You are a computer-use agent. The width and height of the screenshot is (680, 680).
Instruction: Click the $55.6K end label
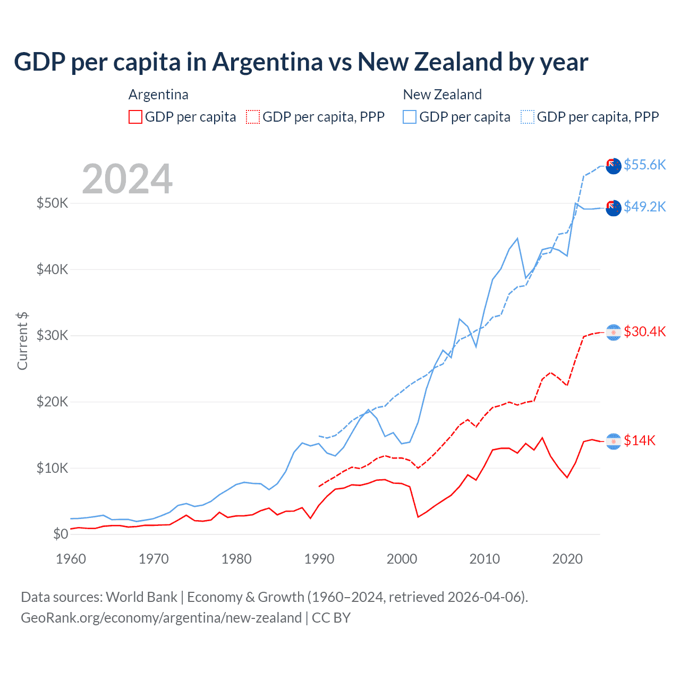(x=644, y=165)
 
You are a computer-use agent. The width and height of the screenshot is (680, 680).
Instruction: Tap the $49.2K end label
(x=644, y=207)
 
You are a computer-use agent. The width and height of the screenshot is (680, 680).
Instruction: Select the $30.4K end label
(x=644, y=331)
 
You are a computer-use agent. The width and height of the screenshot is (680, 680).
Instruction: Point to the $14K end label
(x=640, y=440)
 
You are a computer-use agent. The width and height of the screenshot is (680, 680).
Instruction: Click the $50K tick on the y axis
(x=53, y=203)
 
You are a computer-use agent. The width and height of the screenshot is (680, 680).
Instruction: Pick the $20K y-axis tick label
(x=53, y=402)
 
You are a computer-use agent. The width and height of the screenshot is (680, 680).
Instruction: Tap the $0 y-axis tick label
(x=61, y=534)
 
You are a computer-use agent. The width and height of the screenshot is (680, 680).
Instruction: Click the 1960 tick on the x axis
(x=71, y=559)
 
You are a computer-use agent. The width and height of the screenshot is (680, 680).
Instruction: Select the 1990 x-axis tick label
(x=319, y=559)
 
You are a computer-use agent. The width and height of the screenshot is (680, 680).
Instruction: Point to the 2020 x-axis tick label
(x=567, y=559)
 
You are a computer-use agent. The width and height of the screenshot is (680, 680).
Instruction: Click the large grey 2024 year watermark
(x=127, y=179)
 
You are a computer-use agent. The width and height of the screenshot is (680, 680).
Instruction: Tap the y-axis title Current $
(x=22, y=341)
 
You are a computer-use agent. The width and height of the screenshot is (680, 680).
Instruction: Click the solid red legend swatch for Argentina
(x=135, y=117)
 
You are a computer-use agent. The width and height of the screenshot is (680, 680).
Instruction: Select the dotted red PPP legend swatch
(x=253, y=117)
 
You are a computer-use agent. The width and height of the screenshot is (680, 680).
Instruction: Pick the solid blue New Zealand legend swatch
(x=410, y=117)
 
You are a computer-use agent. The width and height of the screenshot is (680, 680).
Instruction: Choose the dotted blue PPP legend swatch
(x=528, y=117)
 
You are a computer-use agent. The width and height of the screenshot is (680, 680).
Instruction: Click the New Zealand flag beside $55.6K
(x=614, y=166)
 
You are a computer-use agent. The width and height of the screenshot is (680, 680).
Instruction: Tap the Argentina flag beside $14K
(x=614, y=441)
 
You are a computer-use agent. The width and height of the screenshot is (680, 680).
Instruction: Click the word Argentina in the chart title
(x=267, y=62)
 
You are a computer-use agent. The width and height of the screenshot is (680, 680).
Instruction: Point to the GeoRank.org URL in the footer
(x=161, y=618)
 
